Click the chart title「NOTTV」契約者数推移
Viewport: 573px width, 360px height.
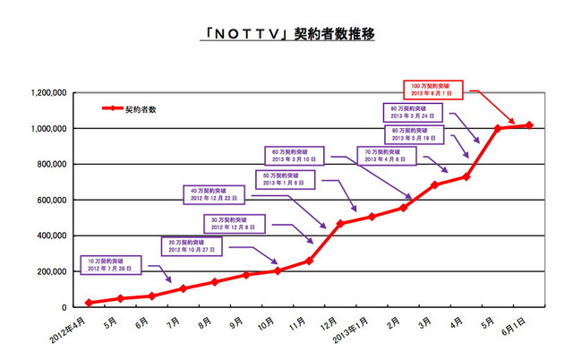[286, 35]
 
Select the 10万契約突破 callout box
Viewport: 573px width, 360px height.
[111, 264]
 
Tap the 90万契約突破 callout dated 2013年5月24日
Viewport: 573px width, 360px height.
[416, 112]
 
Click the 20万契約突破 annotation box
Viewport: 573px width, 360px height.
[190, 245]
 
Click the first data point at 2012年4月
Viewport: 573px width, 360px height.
[88, 303]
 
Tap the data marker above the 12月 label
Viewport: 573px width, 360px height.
[339, 223]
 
